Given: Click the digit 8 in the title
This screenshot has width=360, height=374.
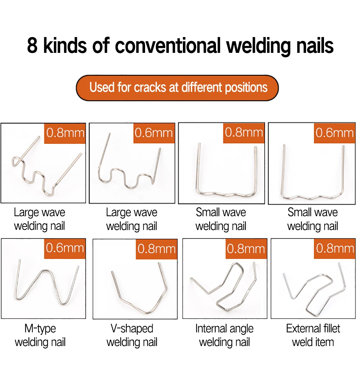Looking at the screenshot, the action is [x=32, y=45].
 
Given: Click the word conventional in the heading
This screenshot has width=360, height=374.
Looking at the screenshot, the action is [x=168, y=45].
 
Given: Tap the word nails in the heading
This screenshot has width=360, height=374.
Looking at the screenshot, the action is [x=315, y=45].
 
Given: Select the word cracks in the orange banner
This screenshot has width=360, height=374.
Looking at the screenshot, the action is [x=150, y=87].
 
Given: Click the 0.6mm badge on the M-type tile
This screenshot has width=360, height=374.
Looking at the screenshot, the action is [x=65, y=248].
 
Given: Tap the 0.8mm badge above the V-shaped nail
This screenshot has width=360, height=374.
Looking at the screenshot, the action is [x=157, y=249].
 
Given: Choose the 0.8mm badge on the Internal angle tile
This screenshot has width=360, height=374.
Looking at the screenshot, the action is [x=246, y=249].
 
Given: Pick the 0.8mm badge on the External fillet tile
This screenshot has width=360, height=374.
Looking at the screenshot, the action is [x=335, y=248].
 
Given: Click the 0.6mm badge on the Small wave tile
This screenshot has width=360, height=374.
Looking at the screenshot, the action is [x=334, y=133].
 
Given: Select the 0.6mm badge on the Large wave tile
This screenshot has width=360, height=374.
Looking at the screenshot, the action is [x=154, y=133].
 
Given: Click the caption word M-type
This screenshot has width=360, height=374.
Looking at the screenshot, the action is [x=40, y=329].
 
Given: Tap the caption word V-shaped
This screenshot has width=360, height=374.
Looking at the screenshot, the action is [x=132, y=329].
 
